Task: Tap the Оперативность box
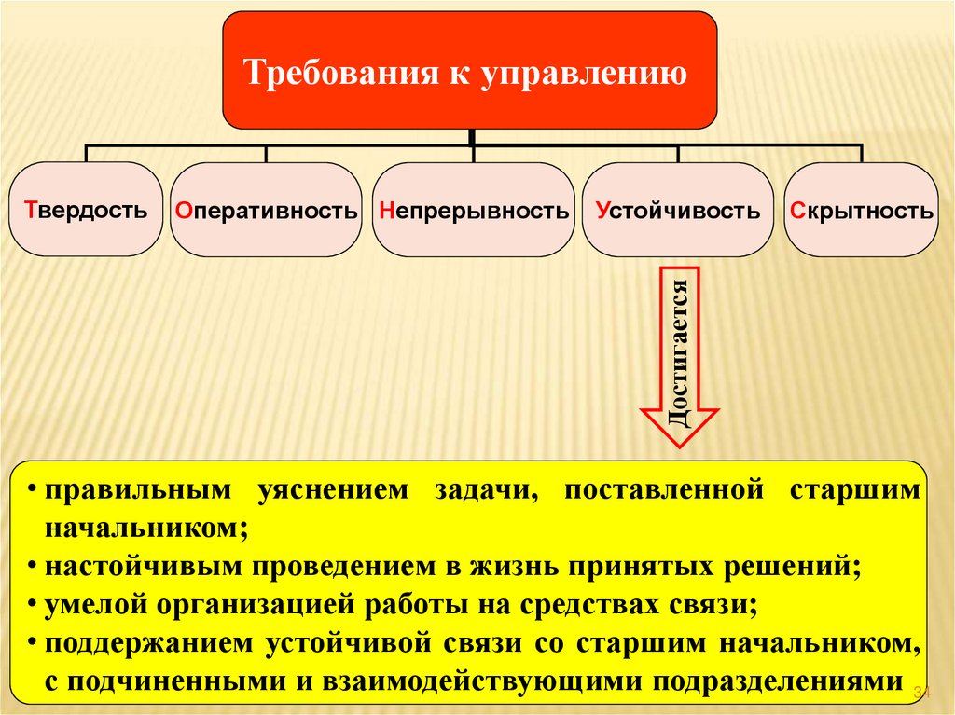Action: [266, 210]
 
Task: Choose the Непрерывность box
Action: [474, 210]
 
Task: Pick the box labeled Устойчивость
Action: [677, 210]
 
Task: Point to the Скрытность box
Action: [860, 210]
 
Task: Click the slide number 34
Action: [922, 692]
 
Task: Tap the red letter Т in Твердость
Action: [31, 209]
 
